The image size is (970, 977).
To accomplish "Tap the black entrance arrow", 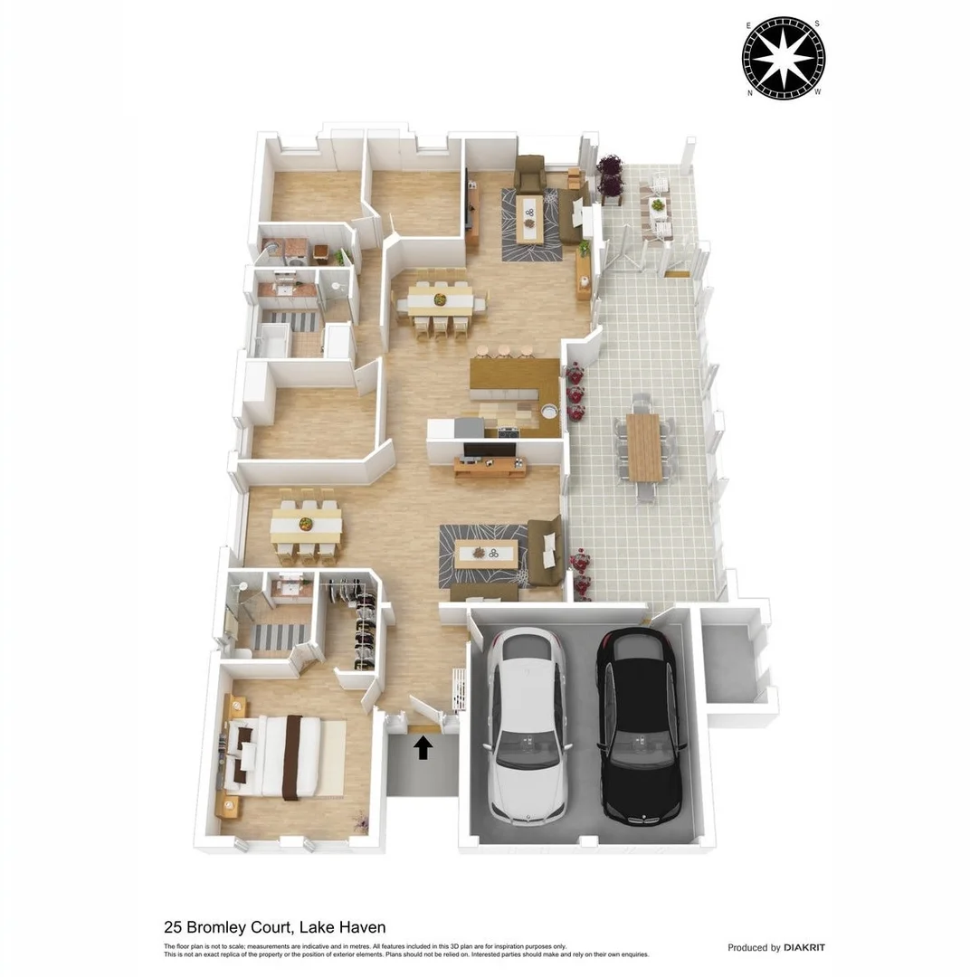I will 423,747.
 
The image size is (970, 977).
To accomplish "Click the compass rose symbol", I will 783,58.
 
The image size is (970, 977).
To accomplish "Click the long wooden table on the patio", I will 643,448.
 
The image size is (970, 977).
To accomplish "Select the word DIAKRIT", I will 804,948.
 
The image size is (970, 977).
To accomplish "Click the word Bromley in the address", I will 219,927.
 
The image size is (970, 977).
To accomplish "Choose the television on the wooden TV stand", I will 489,451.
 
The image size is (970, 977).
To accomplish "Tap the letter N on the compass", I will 750,92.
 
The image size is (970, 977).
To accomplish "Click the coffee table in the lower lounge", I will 486,553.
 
